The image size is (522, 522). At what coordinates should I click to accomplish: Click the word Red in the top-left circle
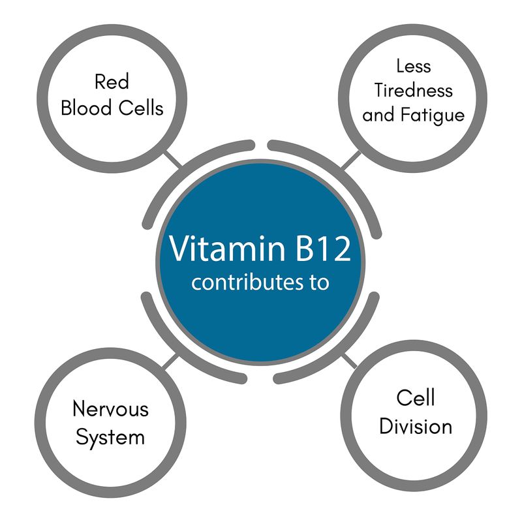pos(112,83)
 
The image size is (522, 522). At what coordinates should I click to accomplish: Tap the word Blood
pos(85,108)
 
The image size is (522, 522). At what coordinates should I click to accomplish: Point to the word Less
pos(413,66)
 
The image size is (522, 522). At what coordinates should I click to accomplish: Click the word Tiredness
pos(414,90)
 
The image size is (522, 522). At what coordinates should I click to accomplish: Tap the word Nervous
pos(111,410)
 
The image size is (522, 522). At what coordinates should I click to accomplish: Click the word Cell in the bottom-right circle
pos(416,398)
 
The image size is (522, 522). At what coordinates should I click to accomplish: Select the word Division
pos(416,427)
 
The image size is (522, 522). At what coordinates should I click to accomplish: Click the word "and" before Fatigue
pos(378,115)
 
